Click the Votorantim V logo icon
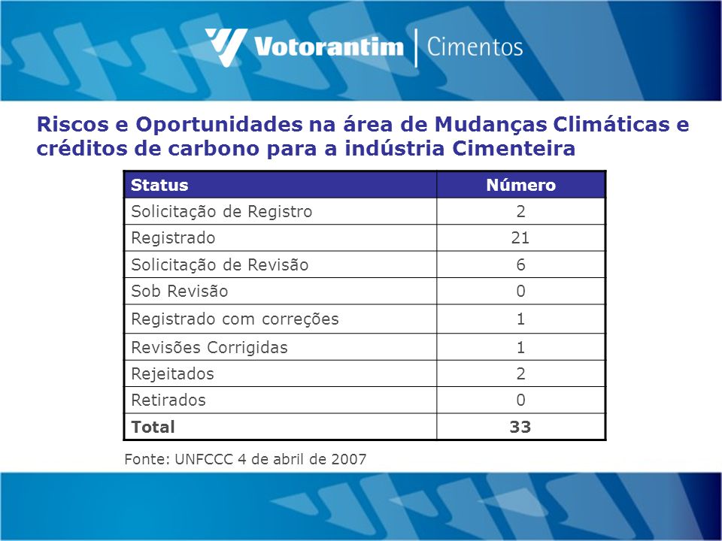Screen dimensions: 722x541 coord(226,47)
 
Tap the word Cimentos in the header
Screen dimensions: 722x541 coord(475,47)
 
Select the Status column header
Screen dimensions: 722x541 coord(159,185)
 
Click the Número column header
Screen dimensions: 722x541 coord(520,185)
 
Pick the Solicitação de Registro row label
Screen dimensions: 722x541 coord(221,212)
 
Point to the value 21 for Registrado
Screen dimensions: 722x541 coord(520,238)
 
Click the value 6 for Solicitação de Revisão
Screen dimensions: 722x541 coord(520,264)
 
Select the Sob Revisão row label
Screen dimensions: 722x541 coord(180,292)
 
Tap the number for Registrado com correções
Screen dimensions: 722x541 coord(520,319)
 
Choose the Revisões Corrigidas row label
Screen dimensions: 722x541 coord(210,347)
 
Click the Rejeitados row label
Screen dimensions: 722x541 coord(173,373)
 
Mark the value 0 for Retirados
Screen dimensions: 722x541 coord(520,400)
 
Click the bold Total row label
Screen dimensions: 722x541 coord(153,427)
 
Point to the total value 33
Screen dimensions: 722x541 coord(520,427)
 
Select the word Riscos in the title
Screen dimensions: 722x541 coord(72,124)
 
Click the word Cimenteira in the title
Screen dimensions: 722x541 coord(514,148)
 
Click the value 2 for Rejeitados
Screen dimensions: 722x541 coord(520,373)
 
